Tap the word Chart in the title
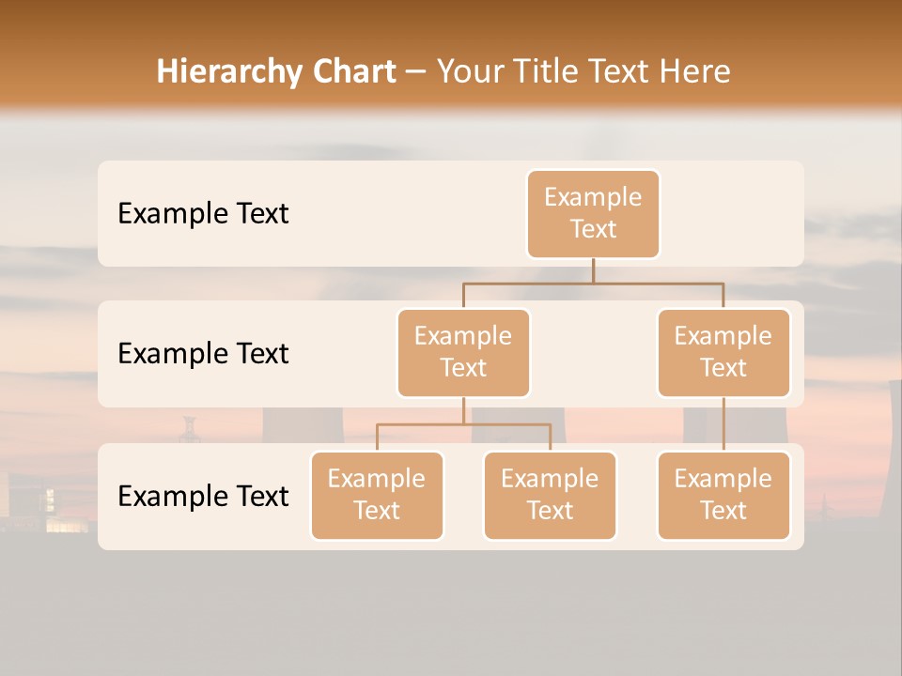[x=350, y=72]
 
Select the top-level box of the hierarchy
[x=593, y=213]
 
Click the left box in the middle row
[x=463, y=352]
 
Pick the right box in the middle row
[x=723, y=352]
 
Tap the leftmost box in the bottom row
[x=377, y=495]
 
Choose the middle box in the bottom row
[x=550, y=495]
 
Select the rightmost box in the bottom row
[x=723, y=495]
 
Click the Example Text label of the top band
[x=203, y=214]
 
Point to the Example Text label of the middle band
[x=203, y=354]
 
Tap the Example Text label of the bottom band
[x=203, y=497]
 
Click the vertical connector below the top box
[x=593, y=270]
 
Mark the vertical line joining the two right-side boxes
[x=723, y=424]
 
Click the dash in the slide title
[x=416, y=72]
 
